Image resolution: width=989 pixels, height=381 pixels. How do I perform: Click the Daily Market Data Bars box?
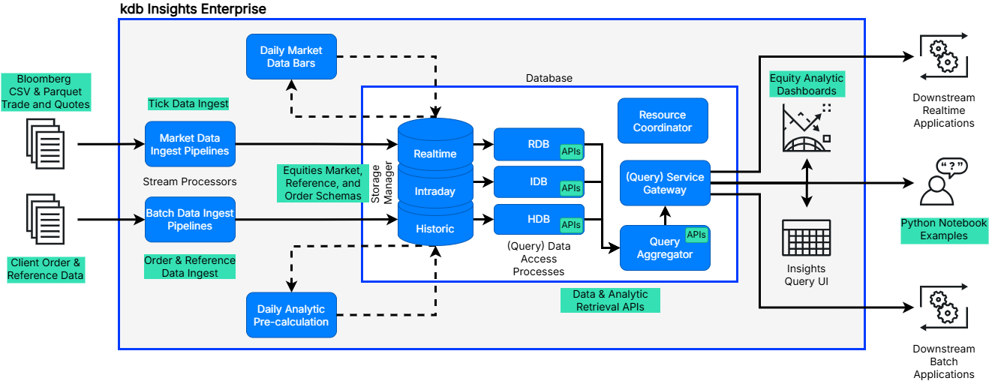[291, 56]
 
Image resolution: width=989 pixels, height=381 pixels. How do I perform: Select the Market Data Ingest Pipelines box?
[190, 144]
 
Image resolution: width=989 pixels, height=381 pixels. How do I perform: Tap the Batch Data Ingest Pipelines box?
[190, 219]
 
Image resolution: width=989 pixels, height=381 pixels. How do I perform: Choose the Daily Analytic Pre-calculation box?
[291, 315]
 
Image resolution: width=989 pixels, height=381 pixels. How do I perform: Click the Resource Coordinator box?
[663, 121]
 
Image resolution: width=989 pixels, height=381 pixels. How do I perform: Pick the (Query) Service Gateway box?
[665, 183]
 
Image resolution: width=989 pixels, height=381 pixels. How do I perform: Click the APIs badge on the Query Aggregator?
[696, 235]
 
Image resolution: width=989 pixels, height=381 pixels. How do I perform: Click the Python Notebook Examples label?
[944, 229]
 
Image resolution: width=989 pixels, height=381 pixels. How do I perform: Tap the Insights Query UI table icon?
[806, 238]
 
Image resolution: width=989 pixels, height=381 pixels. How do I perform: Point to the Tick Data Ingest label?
[188, 103]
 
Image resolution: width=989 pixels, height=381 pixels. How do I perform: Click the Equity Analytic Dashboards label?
[807, 84]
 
